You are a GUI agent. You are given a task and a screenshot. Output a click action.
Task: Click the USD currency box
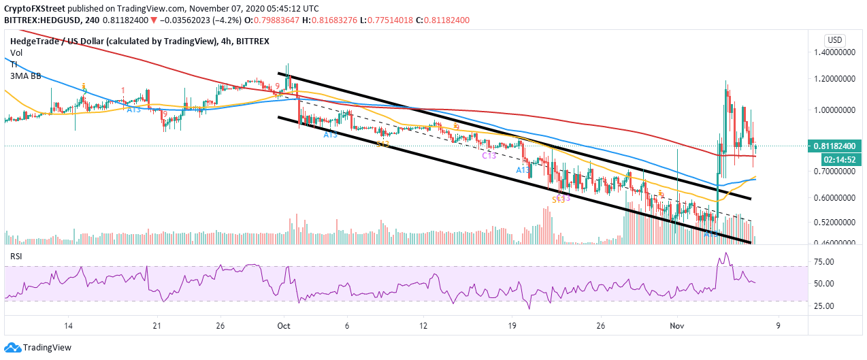point(834,39)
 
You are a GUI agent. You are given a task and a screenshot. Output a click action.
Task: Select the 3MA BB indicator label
point(25,76)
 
